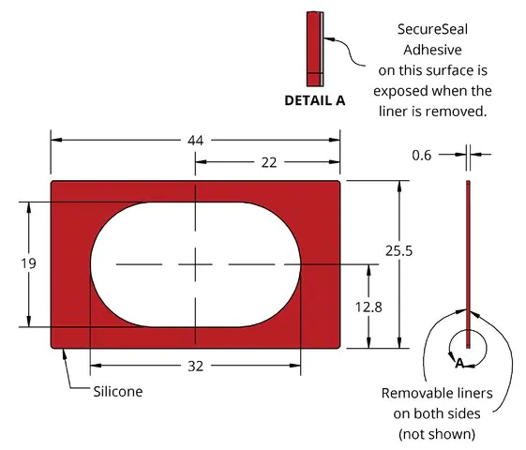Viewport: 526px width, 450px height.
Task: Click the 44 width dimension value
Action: (x=195, y=141)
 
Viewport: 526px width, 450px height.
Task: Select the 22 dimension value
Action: (x=269, y=162)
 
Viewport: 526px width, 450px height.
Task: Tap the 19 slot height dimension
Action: (x=28, y=263)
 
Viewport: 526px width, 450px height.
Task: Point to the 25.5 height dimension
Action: (x=398, y=251)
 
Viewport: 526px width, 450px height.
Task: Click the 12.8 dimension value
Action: (x=368, y=307)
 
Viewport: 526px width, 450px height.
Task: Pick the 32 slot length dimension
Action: (x=196, y=367)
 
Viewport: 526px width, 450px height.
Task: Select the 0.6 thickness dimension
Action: (x=422, y=156)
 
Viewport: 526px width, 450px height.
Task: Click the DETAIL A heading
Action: (x=315, y=100)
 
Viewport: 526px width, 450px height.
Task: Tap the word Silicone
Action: (x=118, y=392)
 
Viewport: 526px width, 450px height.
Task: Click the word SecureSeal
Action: (x=432, y=29)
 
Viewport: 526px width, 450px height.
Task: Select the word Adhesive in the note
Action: (x=432, y=50)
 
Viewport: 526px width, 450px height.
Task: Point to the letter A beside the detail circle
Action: (x=459, y=363)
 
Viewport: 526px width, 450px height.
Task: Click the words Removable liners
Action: (x=437, y=394)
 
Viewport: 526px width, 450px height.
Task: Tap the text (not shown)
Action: (x=437, y=434)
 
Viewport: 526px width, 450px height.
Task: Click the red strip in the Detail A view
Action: (x=314, y=50)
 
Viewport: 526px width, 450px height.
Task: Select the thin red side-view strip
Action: (x=468, y=264)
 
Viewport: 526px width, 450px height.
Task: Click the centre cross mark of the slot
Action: (x=195, y=264)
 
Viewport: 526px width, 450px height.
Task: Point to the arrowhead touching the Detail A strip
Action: (x=329, y=39)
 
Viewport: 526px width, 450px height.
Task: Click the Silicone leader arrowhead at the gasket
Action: (x=64, y=354)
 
